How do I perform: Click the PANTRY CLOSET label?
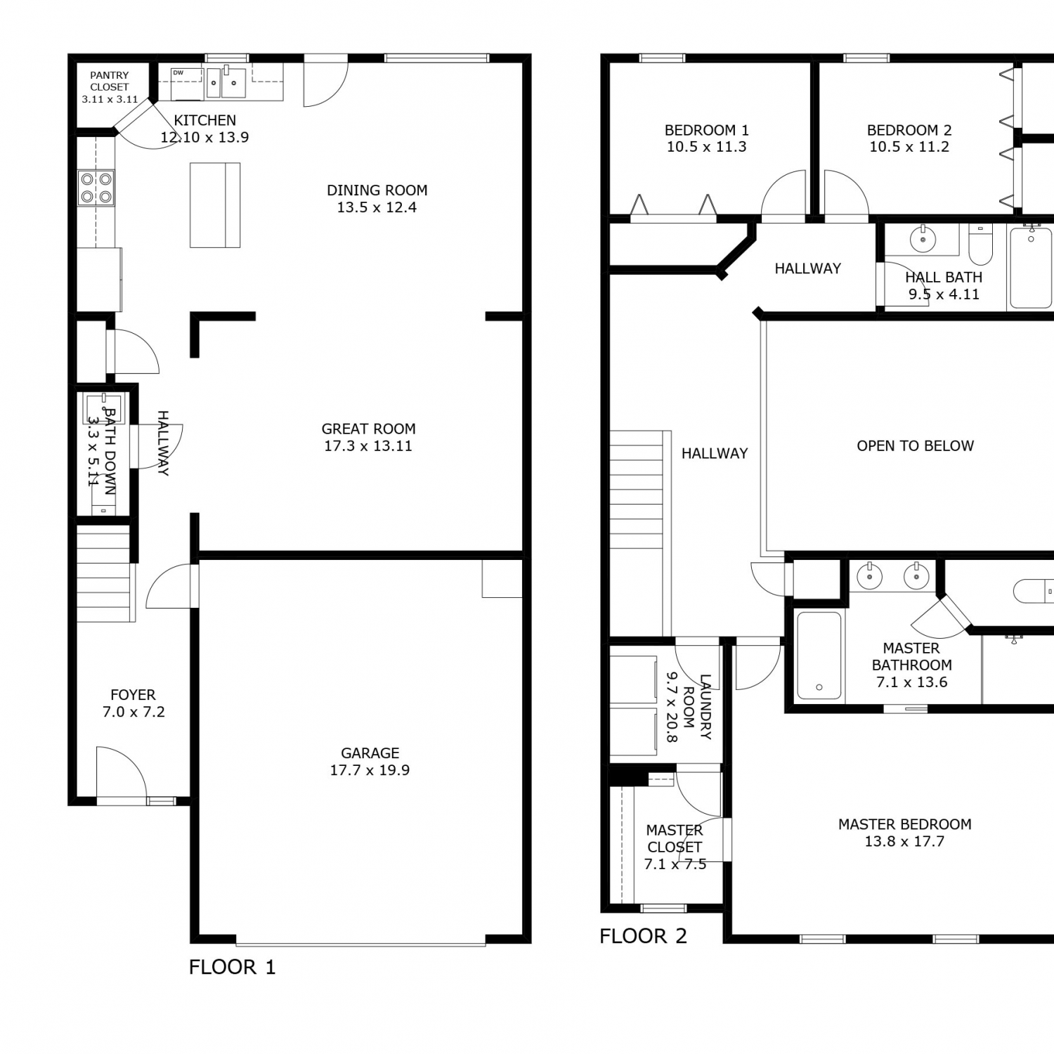point(110,81)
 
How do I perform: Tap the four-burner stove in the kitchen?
point(96,188)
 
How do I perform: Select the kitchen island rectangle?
point(215,205)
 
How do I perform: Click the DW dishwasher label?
point(178,72)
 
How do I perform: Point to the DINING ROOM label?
point(377,190)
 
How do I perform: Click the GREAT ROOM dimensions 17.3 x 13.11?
point(368,446)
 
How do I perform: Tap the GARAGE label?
point(370,753)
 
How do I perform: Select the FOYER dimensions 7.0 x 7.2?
point(134,712)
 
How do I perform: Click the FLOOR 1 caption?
point(233,967)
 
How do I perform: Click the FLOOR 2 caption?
point(643,936)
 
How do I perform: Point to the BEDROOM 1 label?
point(707,131)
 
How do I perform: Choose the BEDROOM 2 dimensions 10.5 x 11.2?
point(909,148)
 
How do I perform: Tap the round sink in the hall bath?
point(923,240)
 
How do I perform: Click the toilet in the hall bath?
point(980,243)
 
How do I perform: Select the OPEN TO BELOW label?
point(916,446)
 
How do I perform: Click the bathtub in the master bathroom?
point(819,656)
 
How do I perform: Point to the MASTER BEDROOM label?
point(905,824)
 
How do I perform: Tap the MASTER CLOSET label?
point(675,839)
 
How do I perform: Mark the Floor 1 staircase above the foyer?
point(105,573)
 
